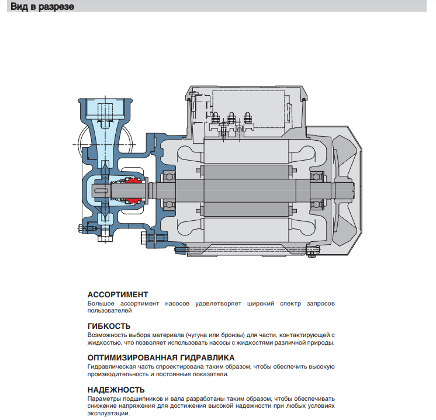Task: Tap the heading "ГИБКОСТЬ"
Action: [x=109, y=326]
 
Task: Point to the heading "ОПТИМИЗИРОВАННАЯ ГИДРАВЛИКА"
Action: [x=161, y=357]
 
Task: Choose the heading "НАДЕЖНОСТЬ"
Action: [x=116, y=389]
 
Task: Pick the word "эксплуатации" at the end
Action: [x=108, y=414]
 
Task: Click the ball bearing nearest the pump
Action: [x=169, y=188]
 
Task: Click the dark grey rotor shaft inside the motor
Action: [x=245, y=188]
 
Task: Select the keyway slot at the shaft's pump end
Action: [x=100, y=188]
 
